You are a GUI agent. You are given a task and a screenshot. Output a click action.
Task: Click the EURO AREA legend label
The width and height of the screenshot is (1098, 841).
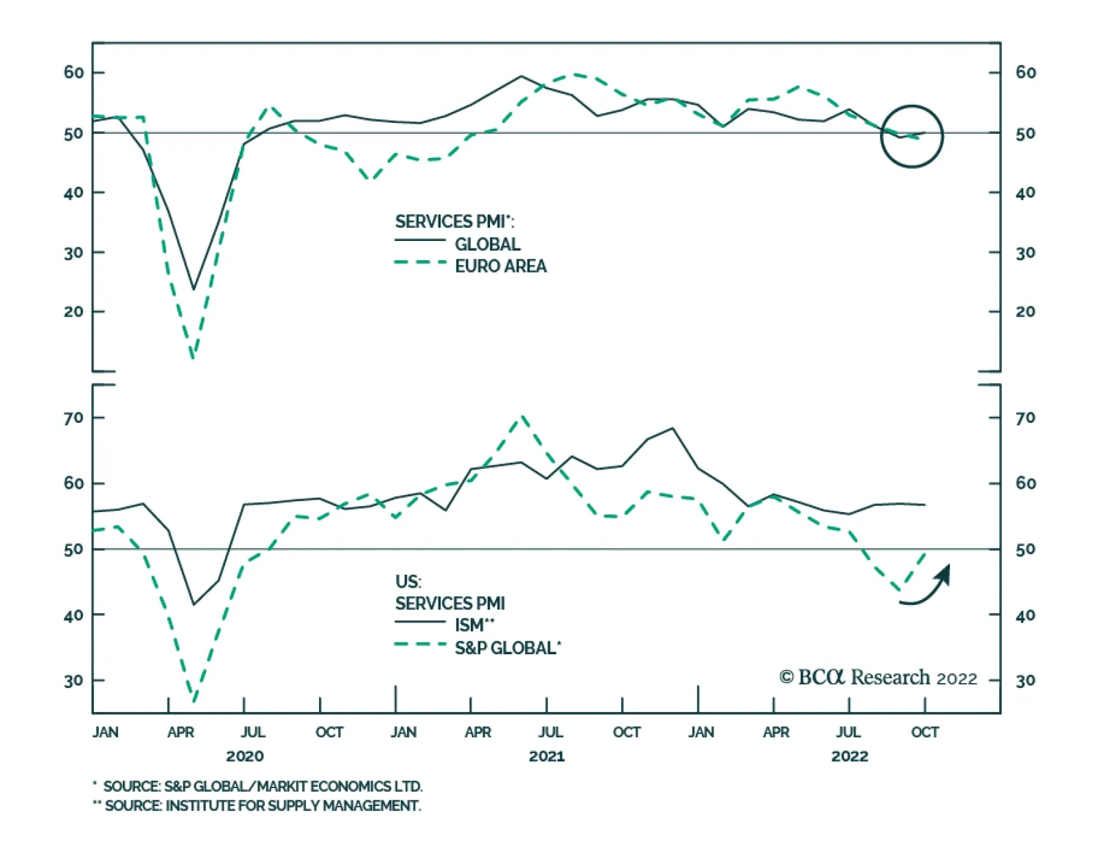point(500,266)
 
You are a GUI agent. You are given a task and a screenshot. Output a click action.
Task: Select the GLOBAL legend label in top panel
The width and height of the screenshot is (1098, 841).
point(487,244)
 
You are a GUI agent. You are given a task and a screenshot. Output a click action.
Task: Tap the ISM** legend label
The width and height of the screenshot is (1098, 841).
point(474,625)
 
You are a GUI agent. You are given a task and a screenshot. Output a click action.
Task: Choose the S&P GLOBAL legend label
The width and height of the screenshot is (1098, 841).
point(507,648)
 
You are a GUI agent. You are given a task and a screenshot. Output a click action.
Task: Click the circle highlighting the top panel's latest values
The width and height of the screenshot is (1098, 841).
point(912,137)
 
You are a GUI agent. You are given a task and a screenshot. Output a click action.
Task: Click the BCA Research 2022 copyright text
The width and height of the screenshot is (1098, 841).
point(878,678)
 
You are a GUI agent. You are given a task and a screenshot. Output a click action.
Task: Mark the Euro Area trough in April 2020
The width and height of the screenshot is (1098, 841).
point(194,356)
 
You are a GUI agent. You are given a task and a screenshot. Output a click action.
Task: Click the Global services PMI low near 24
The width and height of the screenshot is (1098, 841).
point(194,289)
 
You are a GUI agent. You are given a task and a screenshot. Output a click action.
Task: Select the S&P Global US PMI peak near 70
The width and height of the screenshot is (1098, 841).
point(522,416)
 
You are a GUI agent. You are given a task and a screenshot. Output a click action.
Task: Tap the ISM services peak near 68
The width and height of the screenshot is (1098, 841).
point(673,428)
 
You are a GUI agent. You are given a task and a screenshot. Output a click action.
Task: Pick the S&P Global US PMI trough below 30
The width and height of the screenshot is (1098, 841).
point(194,701)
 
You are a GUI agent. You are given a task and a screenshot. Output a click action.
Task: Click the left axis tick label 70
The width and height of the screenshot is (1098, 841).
point(73,417)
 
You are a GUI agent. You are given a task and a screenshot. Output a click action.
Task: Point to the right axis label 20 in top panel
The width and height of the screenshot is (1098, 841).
point(1025,312)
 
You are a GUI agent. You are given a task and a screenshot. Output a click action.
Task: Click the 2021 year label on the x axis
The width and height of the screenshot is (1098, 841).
point(546,757)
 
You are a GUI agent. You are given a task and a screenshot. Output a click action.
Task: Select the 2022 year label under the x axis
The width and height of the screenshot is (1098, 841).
point(850,757)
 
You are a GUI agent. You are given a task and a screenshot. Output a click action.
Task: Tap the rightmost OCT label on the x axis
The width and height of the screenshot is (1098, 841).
point(924,733)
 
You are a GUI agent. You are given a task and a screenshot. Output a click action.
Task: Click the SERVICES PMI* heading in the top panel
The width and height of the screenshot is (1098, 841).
point(454,222)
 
